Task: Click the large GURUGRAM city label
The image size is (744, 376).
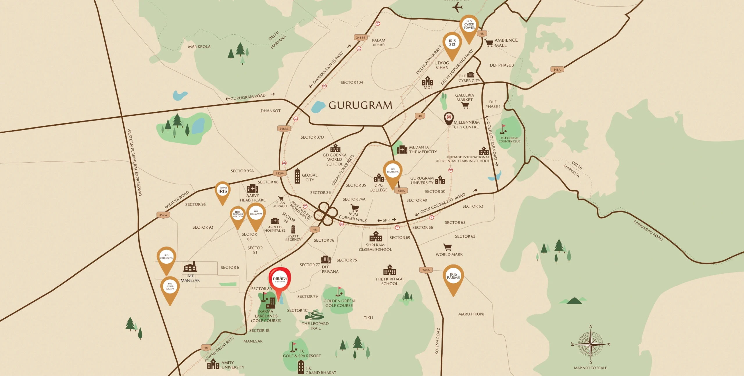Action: tap(360, 105)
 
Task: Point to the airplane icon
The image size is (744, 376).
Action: tap(457, 7)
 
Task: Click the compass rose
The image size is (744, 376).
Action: tap(591, 344)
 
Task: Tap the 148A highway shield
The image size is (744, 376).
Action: tap(557, 70)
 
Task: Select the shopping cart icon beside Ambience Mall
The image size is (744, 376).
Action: tap(489, 43)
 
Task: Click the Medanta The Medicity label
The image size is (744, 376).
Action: tap(423, 149)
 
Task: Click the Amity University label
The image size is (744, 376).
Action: tap(233, 365)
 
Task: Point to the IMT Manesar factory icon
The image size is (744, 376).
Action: tap(190, 267)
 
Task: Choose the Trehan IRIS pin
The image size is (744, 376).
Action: tap(223, 191)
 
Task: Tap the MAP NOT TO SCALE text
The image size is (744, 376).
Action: tap(590, 368)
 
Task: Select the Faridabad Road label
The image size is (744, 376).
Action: tap(648, 231)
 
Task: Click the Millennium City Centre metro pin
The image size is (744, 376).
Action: tap(449, 118)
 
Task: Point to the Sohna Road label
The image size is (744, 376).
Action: tap(437, 341)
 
